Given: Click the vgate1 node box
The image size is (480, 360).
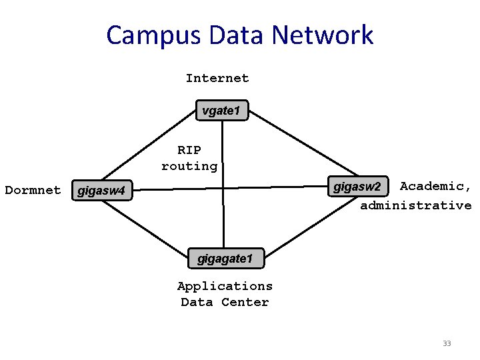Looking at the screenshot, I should [221, 110].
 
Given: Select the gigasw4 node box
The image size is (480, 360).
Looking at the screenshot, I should [101, 192].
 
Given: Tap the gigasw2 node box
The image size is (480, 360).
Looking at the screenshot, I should [357, 186].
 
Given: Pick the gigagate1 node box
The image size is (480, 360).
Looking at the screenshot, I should [225, 258].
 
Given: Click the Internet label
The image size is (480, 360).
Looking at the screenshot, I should [217, 78].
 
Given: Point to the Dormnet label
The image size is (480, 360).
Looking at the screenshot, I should [33, 190].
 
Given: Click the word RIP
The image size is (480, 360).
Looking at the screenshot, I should [189, 150].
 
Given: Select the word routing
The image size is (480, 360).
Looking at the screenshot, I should [189, 166].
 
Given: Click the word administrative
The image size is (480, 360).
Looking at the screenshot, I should [416, 205].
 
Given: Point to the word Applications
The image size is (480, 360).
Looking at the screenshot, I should [225, 286].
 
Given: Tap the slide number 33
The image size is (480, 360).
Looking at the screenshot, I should [447, 343].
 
